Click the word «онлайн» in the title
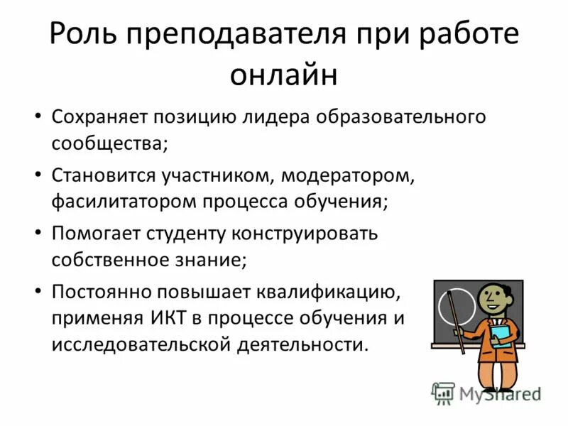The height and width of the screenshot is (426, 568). (x=283, y=75)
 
